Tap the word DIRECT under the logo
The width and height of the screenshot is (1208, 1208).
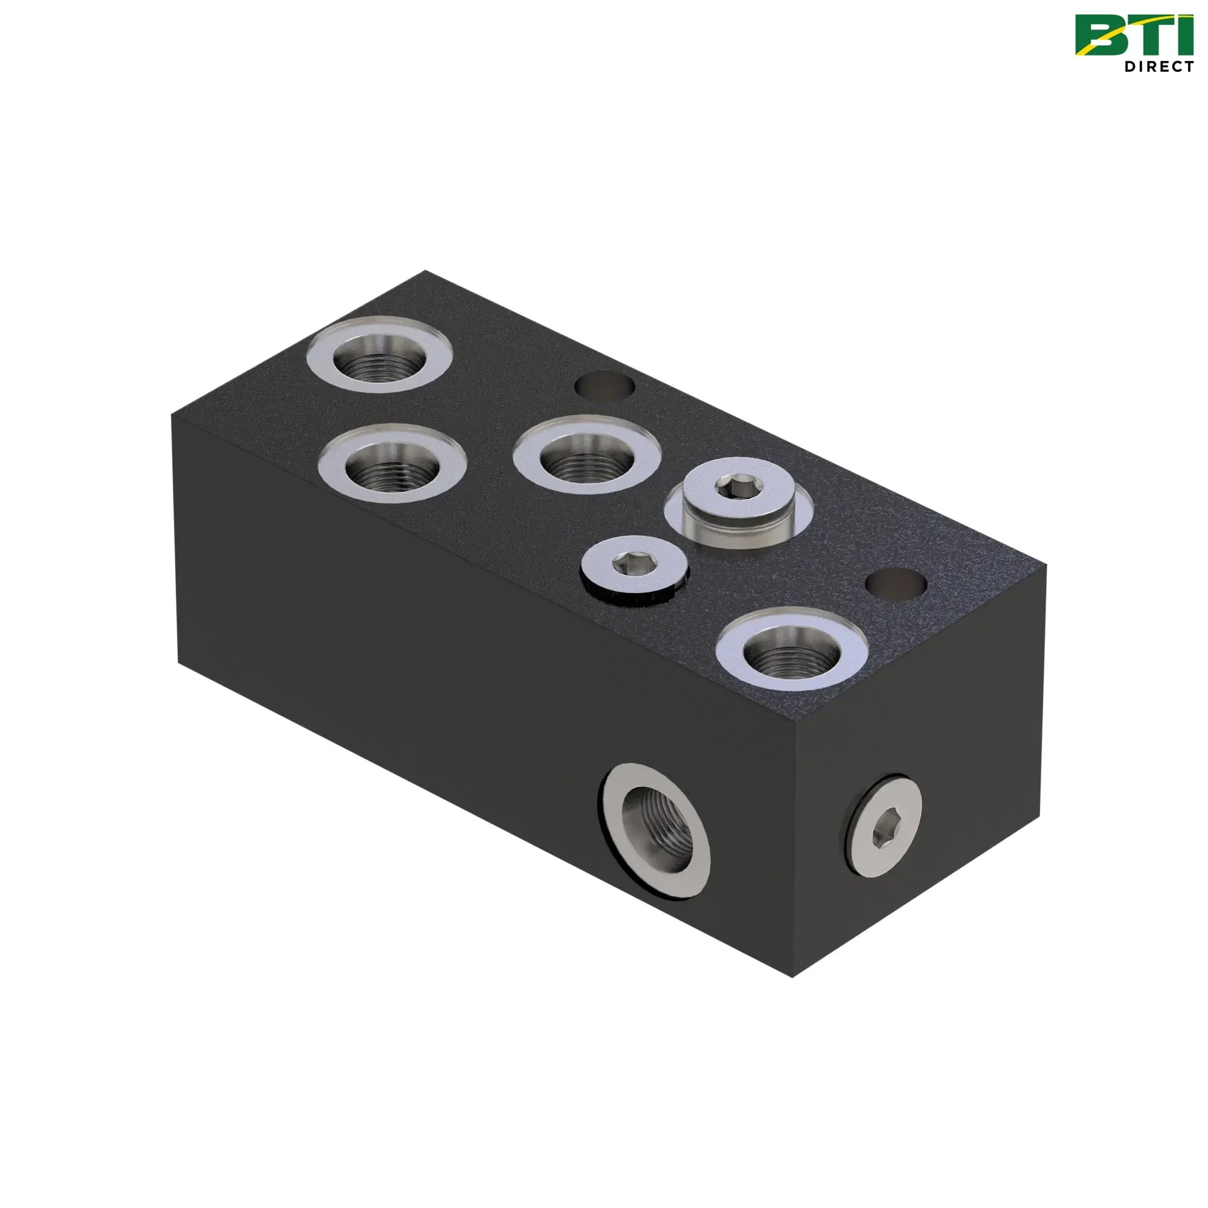1159,66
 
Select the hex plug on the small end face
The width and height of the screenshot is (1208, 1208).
884,827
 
